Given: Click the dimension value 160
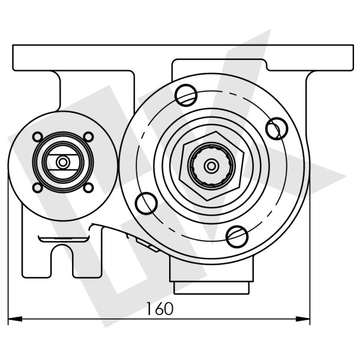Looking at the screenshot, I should point(159,308).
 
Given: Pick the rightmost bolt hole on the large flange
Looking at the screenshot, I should point(276,127).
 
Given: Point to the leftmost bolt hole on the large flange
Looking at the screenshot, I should point(146,204).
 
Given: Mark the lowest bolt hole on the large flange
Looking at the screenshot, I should point(238,236).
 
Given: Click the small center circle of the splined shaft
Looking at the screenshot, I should point(211,166).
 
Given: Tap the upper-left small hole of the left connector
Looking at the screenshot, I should point(37,137).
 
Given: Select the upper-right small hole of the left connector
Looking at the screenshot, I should point(89,137).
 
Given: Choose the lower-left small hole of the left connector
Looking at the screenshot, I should point(37,187).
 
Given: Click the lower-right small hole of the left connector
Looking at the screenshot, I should point(89,187).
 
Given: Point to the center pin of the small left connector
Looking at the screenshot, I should point(63,162).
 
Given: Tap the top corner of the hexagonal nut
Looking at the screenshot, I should point(211,130).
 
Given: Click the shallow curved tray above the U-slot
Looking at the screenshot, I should point(63,239).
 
